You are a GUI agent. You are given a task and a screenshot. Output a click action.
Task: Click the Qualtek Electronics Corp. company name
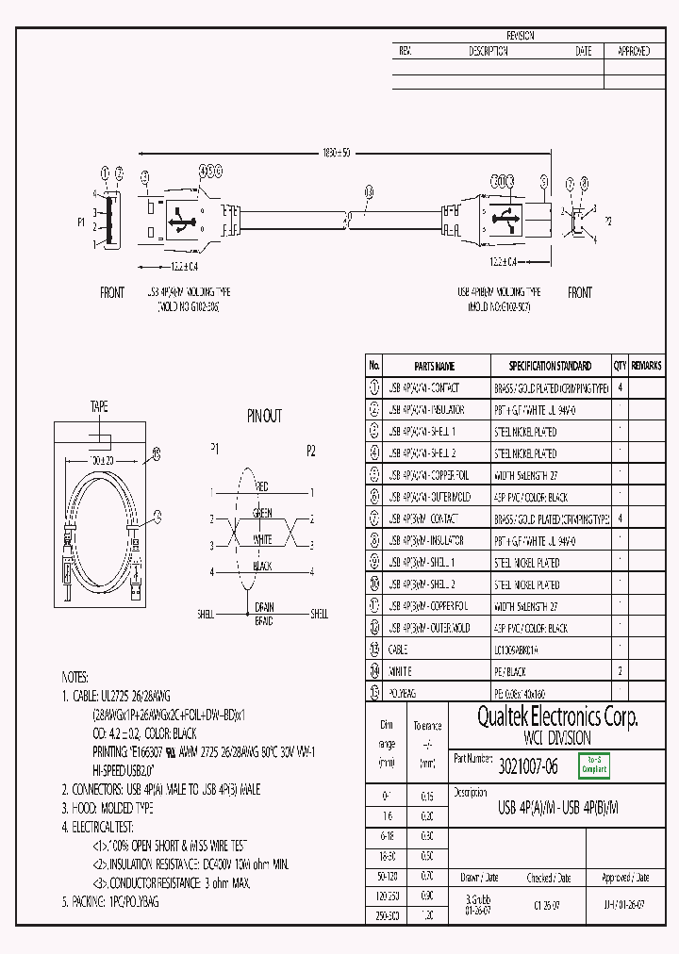(556, 718)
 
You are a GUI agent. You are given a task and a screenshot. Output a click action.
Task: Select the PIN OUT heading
(264, 416)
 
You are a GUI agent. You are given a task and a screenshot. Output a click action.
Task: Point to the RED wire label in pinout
(262, 487)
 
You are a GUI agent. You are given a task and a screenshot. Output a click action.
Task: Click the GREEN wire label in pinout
(262, 514)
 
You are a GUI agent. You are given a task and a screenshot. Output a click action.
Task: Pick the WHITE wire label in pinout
(262, 540)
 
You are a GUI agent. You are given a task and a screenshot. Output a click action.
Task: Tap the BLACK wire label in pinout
(262, 567)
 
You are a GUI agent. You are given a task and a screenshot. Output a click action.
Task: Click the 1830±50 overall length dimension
(336, 153)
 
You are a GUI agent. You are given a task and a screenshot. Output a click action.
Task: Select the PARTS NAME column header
(434, 366)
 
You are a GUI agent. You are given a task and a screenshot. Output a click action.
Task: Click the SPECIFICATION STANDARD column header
(550, 366)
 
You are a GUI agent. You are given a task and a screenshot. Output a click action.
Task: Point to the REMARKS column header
(646, 366)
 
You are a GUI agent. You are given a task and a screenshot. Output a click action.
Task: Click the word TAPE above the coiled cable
(99, 407)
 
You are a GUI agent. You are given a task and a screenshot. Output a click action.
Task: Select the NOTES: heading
(75, 677)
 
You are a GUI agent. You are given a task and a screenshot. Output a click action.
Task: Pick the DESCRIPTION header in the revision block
(488, 52)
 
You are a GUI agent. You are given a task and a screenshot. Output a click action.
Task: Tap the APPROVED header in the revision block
(633, 52)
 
